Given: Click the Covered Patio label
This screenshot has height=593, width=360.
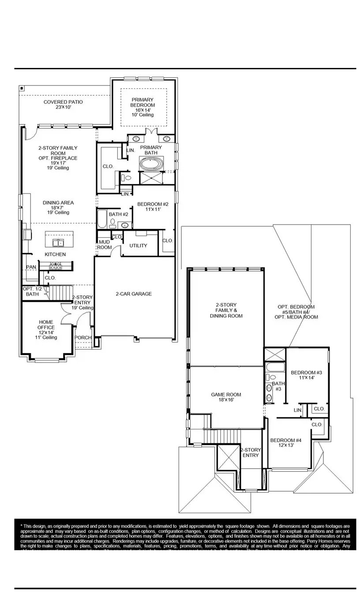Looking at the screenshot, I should tap(63, 105).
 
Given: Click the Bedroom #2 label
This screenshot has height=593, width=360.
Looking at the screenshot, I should tap(153, 206).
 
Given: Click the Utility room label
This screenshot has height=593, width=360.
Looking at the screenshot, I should tap(138, 245).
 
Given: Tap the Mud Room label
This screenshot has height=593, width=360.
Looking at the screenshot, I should tap(104, 244).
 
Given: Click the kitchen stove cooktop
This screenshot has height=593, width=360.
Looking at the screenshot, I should tap(56, 266).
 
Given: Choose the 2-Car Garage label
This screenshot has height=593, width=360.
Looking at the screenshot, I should tap(134, 294).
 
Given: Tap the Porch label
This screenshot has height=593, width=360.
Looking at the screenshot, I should tap(83, 338).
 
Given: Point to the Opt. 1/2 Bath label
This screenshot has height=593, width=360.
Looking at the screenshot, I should tap(31, 291).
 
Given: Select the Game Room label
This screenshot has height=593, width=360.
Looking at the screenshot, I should tap(226, 397).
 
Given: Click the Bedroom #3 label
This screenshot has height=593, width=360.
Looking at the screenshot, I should tap(307, 375).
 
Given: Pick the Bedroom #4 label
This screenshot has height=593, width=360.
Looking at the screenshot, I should tap(285, 443).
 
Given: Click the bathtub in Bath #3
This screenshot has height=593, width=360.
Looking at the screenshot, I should tap(274, 367).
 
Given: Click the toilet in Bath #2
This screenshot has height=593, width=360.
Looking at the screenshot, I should tap(113, 222).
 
